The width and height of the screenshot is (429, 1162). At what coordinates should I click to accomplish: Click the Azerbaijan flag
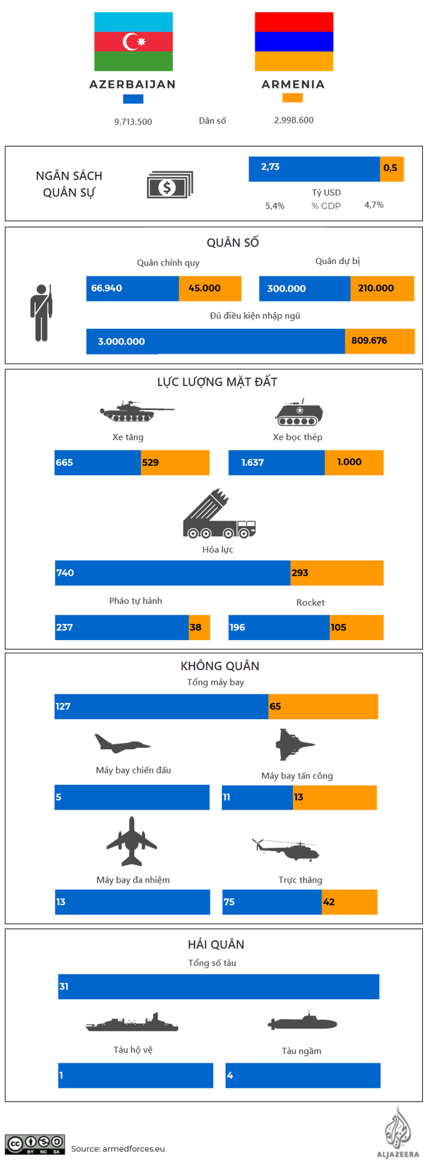point(133,42)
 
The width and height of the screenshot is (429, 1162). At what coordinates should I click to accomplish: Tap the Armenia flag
point(294,42)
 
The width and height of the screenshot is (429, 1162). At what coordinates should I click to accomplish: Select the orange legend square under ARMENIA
point(292,98)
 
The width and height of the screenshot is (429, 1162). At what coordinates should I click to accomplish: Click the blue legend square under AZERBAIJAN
point(133,99)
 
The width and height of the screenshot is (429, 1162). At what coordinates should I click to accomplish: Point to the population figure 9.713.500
point(133,122)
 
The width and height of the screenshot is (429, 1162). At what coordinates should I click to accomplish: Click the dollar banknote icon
point(170,185)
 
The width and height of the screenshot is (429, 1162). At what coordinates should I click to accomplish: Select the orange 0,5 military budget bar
point(391,169)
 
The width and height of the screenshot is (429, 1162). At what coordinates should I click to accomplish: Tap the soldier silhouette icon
point(42,312)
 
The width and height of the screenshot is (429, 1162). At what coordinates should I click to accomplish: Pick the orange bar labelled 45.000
point(210,288)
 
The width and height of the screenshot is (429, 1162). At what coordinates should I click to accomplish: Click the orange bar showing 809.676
point(379,341)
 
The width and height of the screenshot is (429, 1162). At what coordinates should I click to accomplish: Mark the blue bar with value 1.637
point(276,462)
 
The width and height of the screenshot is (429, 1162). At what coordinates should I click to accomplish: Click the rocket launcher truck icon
point(219,515)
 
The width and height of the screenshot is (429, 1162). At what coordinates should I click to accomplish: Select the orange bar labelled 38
point(199,627)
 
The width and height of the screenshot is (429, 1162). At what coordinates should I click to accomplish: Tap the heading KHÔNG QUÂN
point(220,665)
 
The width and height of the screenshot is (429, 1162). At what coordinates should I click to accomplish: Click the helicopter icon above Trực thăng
point(286,849)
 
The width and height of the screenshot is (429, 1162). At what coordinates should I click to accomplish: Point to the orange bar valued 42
point(349,902)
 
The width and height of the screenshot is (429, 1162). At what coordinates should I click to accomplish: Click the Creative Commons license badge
point(35,1144)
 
